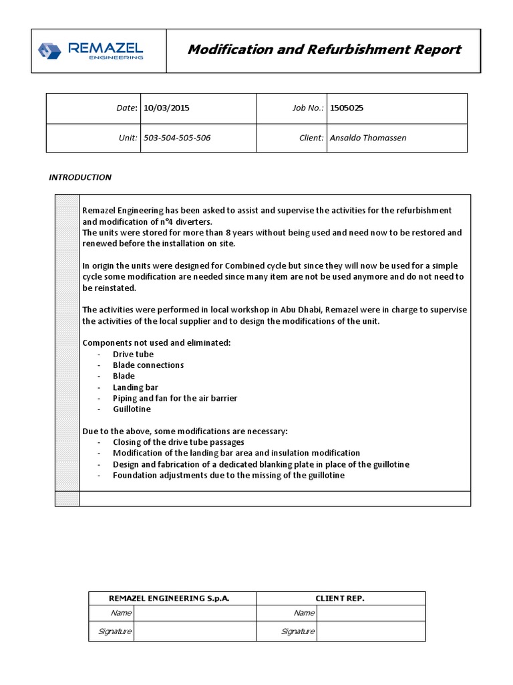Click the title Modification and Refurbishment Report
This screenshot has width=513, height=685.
pos(324,50)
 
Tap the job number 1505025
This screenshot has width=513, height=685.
pos(347,107)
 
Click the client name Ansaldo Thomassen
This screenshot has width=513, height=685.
pos(367,138)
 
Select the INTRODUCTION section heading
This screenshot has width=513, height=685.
pos(80,177)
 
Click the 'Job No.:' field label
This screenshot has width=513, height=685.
pos(308,107)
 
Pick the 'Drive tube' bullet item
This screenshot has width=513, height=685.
pos(133,354)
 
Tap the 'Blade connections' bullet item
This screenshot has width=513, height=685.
pos(148,365)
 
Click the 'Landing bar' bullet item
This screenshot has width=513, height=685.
pos(136,387)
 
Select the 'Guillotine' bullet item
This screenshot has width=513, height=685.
pos(132,409)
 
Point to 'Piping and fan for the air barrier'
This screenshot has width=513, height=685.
pos(175,398)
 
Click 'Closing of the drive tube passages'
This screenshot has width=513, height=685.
pos(178,442)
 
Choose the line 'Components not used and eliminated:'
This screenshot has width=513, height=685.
pos(156,342)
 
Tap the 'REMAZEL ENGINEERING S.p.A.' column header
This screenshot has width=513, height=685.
pos(172,598)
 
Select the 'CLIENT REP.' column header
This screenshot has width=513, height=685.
pos(340,598)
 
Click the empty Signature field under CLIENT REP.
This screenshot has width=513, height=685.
pos(371,631)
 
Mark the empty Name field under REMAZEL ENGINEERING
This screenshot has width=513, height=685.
pos(194,613)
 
